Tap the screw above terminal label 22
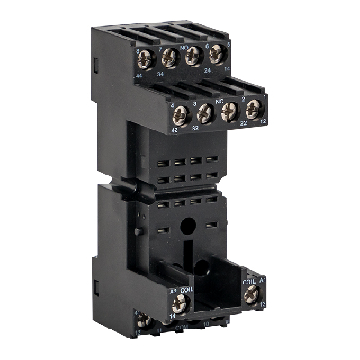(x=229, y=110)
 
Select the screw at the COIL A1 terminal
(x=251, y=292)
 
